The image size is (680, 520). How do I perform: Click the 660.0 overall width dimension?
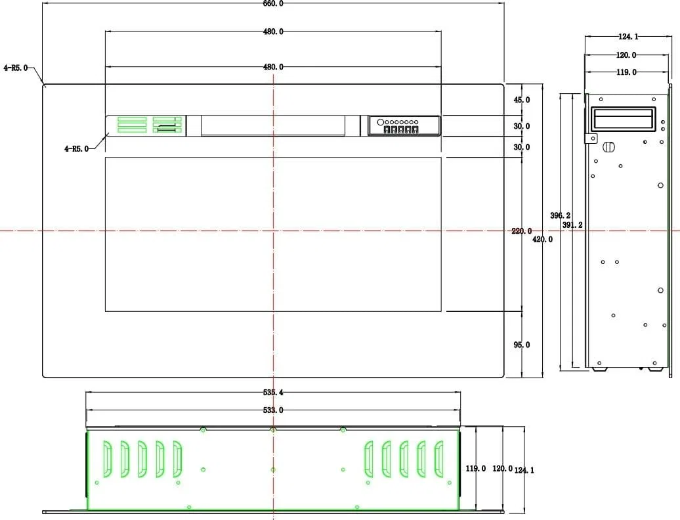pos(273,3)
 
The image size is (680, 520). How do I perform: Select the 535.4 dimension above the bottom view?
pos(273,393)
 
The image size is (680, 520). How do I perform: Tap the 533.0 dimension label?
pos(273,410)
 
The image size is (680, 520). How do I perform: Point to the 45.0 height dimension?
pos(522,100)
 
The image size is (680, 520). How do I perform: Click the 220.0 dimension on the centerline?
pos(521,231)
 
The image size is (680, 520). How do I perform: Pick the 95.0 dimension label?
pos(522,345)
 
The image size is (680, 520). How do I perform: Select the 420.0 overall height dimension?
pos(543,240)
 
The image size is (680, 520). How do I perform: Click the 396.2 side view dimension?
pos(561,215)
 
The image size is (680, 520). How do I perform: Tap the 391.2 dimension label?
pos(572,225)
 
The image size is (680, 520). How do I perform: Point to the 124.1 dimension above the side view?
pos(628,37)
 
